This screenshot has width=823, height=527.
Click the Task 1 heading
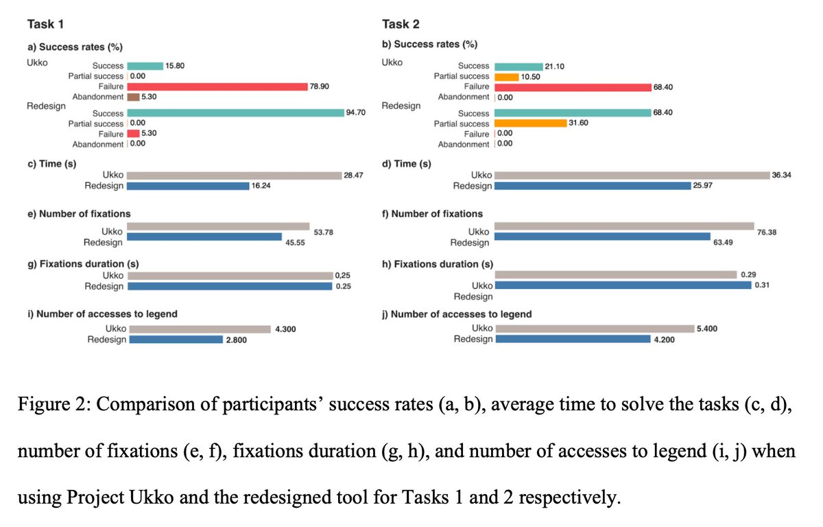pyautogui.click(x=46, y=24)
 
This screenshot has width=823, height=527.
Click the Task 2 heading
pyautogui.click(x=401, y=24)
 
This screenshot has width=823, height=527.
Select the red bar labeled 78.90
pyautogui.click(x=217, y=86)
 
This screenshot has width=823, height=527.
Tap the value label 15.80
pyautogui.click(x=176, y=66)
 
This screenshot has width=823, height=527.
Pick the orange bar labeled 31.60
pyautogui.click(x=530, y=124)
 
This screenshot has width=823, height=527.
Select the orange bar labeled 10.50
pyautogui.click(x=506, y=76)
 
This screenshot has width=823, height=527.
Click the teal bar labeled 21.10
pyautogui.click(x=518, y=66)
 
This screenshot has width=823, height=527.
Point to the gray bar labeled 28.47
pyautogui.click(x=234, y=176)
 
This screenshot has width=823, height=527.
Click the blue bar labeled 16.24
pyautogui.click(x=189, y=186)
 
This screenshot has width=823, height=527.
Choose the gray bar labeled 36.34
pyautogui.click(x=632, y=176)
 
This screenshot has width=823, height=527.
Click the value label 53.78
pyautogui.click(x=324, y=233)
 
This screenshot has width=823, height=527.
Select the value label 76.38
pyautogui.click(x=767, y=233)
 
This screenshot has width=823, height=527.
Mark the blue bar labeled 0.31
pyautogui.click(x=623, y=285)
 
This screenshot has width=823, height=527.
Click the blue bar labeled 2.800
pyautogui.click(x=176, y=339)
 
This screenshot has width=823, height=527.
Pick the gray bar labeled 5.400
pyautogui.click(x=594, y=329)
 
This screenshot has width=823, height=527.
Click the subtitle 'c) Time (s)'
pyautogui.click(x=51, y=164)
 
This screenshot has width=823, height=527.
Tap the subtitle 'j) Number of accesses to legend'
pyautogui.click(x=456, y=314)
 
